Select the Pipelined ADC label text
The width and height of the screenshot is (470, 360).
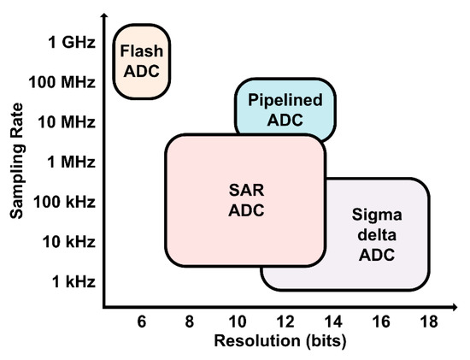285,109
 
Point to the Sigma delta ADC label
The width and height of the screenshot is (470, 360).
375,233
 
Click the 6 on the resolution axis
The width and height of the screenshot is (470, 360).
142,321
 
